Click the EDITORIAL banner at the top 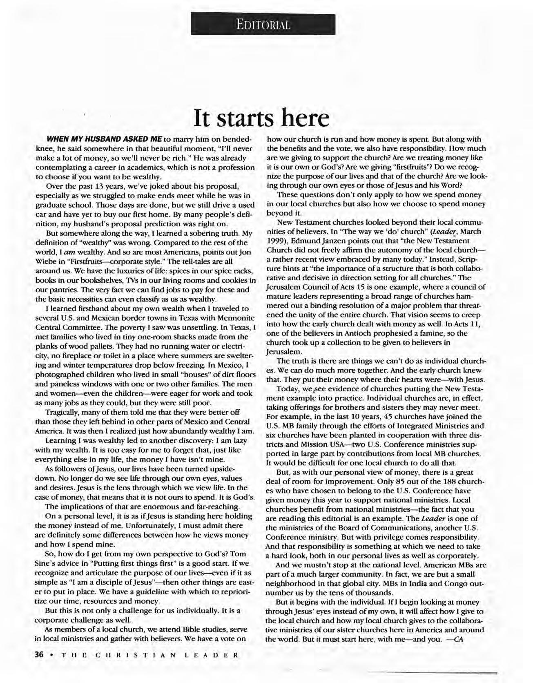pos(263,24)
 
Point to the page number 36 pos(39,654)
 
